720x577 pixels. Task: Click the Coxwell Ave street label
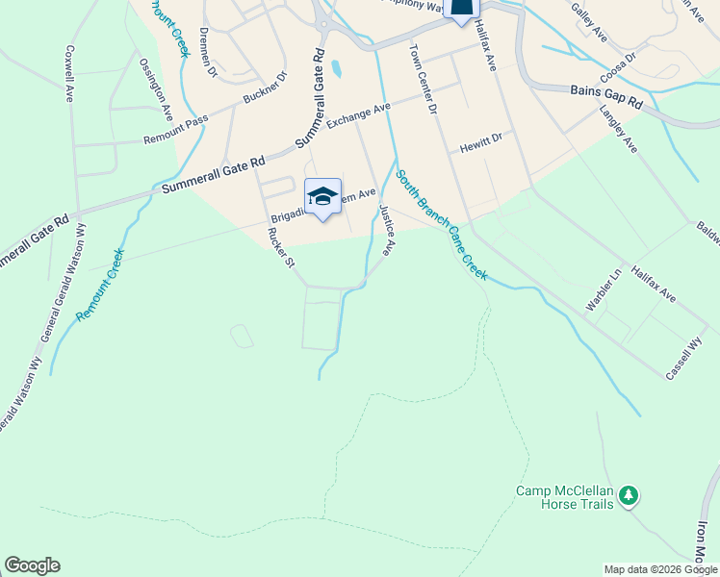(70, 73)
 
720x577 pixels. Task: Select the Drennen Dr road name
(205, 51)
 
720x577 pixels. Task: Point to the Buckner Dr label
(266, 88)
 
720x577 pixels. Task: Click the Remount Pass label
(175, 131)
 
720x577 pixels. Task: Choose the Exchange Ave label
(358, 116)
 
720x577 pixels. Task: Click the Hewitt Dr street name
(480, 142)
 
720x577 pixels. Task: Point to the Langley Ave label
(618, 129)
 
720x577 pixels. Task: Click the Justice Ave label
(387, 231)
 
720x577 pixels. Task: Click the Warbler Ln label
(600, 295)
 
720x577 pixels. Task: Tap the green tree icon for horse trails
(629, 495)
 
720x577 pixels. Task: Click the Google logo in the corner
(32, 565)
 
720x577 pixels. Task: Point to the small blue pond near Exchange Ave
(336, 69)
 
